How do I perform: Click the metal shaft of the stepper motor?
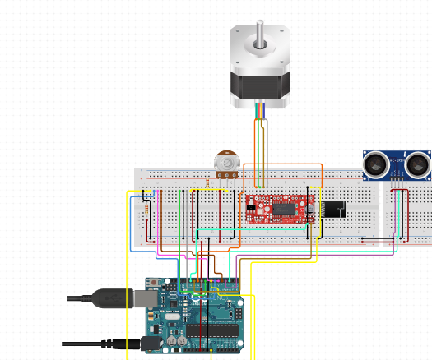pyautogui.click(x=260, y=32)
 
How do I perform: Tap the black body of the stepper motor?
pyautogui.click(x=260, y=87)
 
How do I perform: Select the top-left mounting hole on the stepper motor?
pyautogui.click(x=238, y=33)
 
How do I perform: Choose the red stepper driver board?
pyautogui.click(x=280, y=207)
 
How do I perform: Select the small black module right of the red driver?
pyautogui.click(x=334, y=209)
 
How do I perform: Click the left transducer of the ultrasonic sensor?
pyautogui.click(x=379, y=165)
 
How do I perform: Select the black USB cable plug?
pyautogui.click(x=110, y=298)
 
